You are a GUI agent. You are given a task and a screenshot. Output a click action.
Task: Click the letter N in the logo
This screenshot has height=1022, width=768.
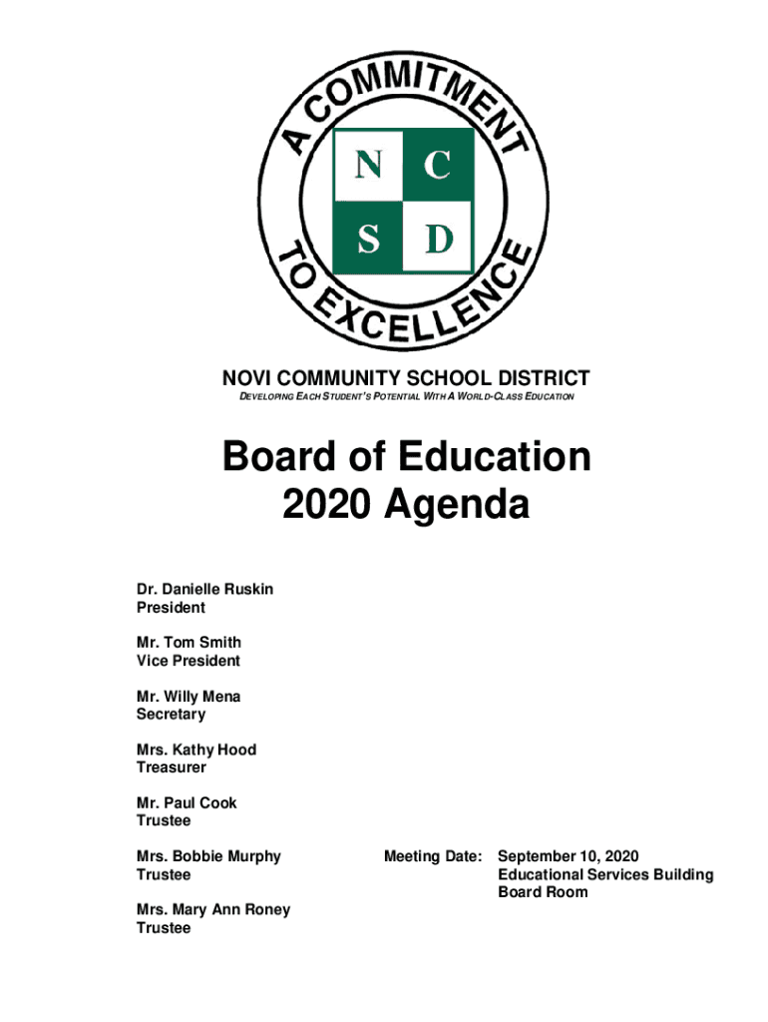(x=367, y=167)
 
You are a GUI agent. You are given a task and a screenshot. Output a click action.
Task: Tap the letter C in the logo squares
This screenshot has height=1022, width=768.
(x=437, y=167)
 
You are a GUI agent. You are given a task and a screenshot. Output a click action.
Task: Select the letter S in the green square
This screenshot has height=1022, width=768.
(x=367, y=238)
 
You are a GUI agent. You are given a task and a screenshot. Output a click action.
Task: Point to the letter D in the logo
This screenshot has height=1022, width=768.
(x=437, y=238)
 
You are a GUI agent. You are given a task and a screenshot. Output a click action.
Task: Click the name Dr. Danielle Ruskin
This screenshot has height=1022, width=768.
(x=204, y=589)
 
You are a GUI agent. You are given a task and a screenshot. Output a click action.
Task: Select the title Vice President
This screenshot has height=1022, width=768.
(x=188, y=661)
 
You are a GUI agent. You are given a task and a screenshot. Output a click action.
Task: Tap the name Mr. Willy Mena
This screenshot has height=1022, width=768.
(x=188, y=697)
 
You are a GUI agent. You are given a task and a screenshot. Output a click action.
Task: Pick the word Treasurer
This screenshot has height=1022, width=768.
(x=171, y=767)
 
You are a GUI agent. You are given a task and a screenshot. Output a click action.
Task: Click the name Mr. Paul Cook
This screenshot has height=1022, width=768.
(x=187, y=802)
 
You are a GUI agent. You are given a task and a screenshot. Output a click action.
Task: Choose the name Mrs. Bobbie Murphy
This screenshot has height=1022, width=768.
(x=208, y=856)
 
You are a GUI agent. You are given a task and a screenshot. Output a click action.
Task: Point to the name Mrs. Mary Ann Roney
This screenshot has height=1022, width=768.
(x=213, y=910)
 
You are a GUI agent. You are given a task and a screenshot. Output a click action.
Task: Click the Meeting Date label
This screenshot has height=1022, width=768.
(x=434, y=856)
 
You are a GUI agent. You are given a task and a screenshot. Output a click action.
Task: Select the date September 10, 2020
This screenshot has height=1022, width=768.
(x=568, y=856)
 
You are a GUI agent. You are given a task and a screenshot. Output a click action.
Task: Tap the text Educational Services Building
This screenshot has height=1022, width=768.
(x=605, y=874)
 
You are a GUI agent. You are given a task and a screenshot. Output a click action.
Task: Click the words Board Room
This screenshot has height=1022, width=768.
(x=543, y=892)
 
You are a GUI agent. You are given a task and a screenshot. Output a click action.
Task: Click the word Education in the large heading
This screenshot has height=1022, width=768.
(x=494, y=457)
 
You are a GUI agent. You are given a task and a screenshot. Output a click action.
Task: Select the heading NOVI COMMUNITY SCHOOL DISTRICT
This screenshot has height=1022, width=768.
(x=405, y=378)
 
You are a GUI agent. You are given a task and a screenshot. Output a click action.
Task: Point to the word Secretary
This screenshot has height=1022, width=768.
(x=171, y=715)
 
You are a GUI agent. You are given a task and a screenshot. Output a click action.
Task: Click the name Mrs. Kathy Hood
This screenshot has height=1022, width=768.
(x=195, y=750)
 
